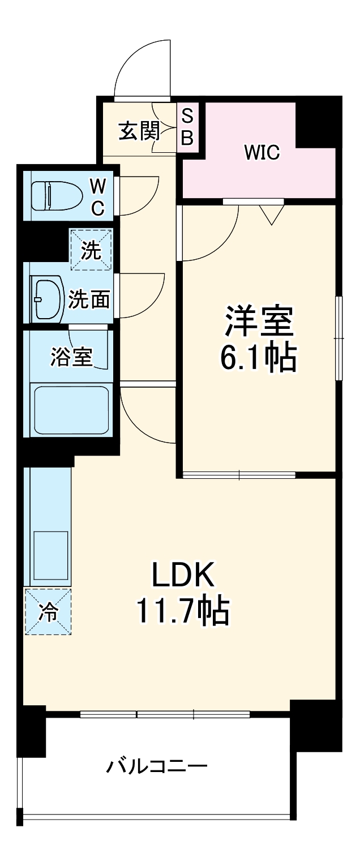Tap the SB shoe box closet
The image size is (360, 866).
[187, 127]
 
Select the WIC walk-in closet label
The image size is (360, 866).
[262, 152]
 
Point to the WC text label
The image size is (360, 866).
[98, 196]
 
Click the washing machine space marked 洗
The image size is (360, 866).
[91, 250]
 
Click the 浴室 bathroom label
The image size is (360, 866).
[72, 357]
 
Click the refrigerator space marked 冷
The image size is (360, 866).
[48, 611]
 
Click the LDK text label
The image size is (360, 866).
[182, 576]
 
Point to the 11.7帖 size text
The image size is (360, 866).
[182, 611]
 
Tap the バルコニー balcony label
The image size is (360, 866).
[157, 767]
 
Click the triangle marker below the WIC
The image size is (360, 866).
[272, 214]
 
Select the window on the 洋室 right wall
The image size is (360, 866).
[339, 338]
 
